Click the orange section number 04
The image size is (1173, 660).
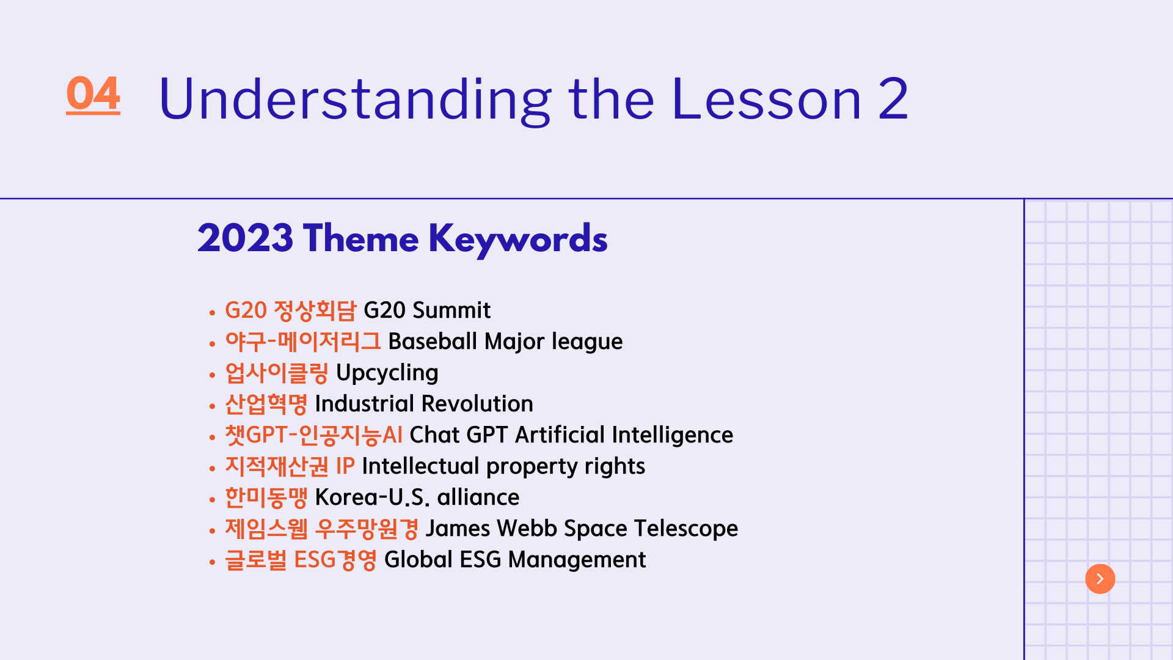tap(93, 95)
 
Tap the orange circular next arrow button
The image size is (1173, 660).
tap(1100, 579)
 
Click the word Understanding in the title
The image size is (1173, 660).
tap(355, 100)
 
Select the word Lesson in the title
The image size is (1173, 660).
tap(766, 99)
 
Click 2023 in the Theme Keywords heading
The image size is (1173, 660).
tap(245, 238)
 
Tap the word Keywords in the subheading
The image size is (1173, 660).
tap(518, 239)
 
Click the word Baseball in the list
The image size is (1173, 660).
tap(433, 341)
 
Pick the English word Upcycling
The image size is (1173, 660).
tap(387, 373)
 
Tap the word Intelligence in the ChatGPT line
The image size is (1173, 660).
tap(672, 435)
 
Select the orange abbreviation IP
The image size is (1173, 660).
tap(345, 466)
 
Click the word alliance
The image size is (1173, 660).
tap(478, 497)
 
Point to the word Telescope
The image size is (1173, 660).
tap(686, 529)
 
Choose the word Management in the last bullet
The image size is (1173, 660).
tap(577, 560)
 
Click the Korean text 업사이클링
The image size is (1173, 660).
tap(277, 373)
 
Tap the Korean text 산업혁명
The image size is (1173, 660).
tap(266, 404)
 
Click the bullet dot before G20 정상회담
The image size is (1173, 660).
tap(212, 313)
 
